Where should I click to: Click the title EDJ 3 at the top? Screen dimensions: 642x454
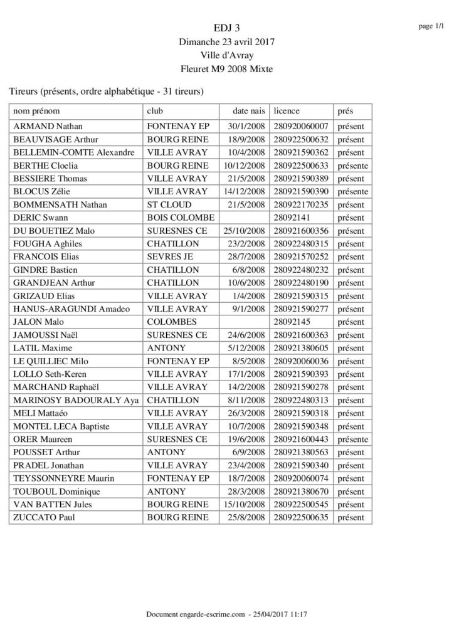click(226, 28)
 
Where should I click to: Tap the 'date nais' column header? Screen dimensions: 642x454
click(249, 111)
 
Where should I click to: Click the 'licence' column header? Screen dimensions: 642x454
click(287, 111)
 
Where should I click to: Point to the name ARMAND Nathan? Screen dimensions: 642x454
click(48, 127)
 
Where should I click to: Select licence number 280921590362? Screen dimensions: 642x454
click(302, 152)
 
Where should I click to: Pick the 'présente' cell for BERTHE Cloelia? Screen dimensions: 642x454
click(352, 166)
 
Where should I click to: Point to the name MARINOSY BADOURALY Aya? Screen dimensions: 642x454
click(75, 401)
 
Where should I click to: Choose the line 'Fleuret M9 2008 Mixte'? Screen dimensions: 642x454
click(226, 69)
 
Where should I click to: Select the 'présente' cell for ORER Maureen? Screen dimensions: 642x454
click(352, 439)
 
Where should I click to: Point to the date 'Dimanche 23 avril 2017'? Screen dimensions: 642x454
click(226, 41)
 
